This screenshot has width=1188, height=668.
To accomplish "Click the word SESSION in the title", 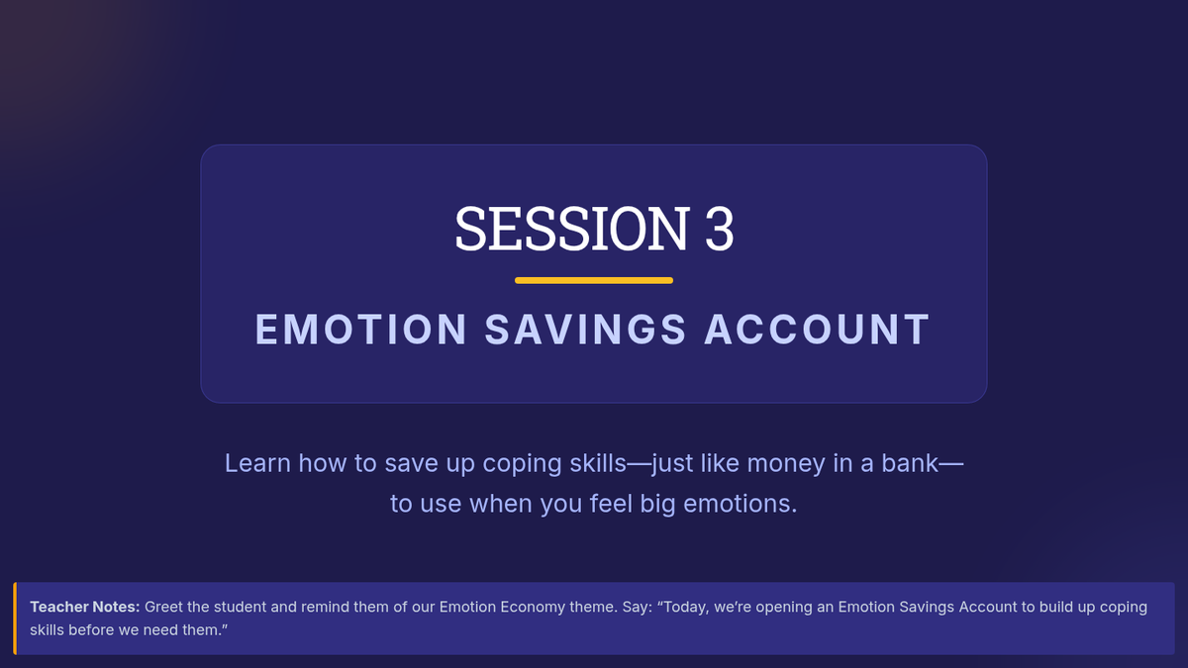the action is pos(572,229).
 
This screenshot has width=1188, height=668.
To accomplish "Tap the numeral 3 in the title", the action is pos(720,229).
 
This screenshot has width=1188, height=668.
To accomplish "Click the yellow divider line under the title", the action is pos(594,280).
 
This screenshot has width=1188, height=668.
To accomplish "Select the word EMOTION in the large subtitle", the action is pos(361,330).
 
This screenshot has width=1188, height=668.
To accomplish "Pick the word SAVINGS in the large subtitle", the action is pos(585,330).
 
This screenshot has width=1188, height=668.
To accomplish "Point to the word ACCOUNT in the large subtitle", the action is pos(818,330).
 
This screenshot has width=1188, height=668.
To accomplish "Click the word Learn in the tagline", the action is pos(257,463).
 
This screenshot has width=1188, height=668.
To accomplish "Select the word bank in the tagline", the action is pos(910,463).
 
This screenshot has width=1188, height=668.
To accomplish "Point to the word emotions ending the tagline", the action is pos(740,504).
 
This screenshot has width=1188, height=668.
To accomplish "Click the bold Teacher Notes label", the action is pos(85,607).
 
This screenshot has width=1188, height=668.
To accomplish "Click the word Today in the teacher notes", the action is pos(686,608).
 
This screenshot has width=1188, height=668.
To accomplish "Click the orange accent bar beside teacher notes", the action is pos(15,619).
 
